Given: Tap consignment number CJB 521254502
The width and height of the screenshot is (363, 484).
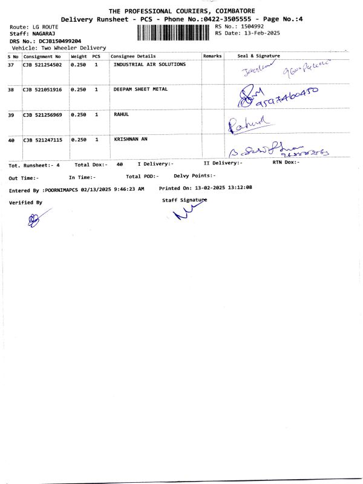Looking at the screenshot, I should pyautogui.click(x=42, y=64).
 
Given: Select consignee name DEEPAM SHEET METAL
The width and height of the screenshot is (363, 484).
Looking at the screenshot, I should pyautogui.click(x=141, y=89).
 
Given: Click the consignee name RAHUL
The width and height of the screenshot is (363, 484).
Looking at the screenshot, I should pyautogui.click(x=122, y=114).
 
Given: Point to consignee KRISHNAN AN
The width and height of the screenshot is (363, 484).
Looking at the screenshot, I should pyautogui.click(x=131, y=139).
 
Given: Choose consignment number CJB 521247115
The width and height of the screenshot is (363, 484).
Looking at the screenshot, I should pyautogui.click(x=42, y=140).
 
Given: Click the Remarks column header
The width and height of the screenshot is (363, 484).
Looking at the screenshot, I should pyautogui.click(x=212, y=56).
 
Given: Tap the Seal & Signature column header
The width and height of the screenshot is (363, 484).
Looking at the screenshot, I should pyautogui.click(x=258, y=56).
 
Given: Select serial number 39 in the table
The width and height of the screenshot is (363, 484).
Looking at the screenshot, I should pyautogui.click(x=11, y=114).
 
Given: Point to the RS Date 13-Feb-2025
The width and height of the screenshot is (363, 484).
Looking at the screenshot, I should pyautogui.click(x=257, y=33).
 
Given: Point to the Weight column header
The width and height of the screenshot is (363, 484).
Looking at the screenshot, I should pyautogui.click(x=79, y=56).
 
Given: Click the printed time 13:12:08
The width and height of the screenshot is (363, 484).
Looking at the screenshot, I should pyautogui.click(x=240, y=188).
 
